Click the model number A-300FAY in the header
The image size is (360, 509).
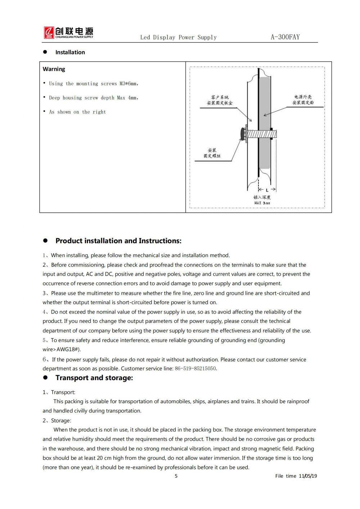point(285,37)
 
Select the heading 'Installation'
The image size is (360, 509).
point(70,52)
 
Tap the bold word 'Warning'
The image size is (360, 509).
point(54,69)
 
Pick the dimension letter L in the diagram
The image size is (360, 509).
point(267,190)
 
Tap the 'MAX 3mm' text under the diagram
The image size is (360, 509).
point(262,203)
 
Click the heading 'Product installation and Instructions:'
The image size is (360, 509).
point(118,241)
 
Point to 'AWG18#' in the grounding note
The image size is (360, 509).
point(68,349)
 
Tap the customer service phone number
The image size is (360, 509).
point(195,369)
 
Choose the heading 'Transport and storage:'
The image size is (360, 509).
point(94,378)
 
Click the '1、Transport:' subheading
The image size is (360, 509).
point(59,392)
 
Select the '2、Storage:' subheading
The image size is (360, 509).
point(57,420)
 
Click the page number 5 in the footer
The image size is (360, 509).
point(176,476)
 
